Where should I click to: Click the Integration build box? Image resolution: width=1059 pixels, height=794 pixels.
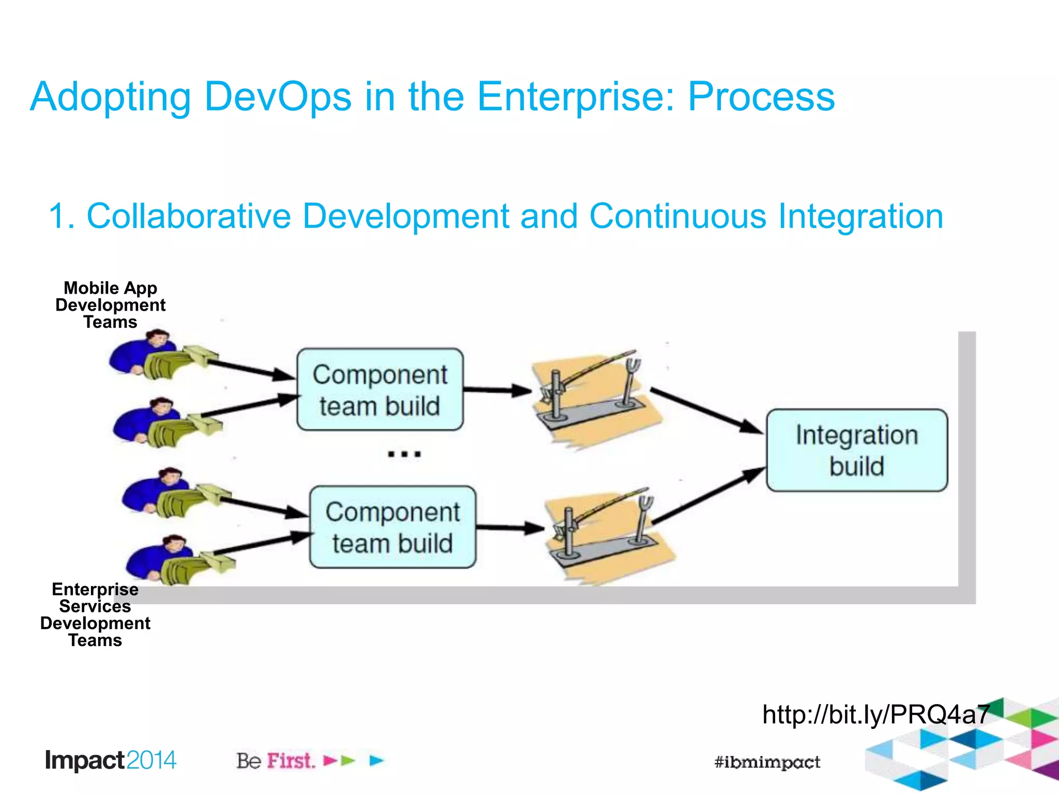coord(857,450)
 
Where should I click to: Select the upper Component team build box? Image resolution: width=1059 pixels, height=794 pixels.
coord(380,390)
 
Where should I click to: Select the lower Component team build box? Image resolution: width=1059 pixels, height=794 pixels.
coord(392,527)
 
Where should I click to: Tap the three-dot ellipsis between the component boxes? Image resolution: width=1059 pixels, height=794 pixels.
coord(404,454)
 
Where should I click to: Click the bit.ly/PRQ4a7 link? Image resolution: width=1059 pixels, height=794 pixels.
coord(876,714)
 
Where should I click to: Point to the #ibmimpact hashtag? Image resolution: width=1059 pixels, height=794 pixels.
coord(767,762)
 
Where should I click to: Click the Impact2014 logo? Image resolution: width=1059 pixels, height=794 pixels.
coord(111,760)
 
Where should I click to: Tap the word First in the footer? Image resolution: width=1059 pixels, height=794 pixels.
coord(291,761)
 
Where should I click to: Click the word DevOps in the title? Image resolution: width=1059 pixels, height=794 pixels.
coord(278,97)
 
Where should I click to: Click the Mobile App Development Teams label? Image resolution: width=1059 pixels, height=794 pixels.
coord(110,305)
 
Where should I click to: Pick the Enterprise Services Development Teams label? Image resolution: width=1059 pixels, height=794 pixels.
coord(95,615)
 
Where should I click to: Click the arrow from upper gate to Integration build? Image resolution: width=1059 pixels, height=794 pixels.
coord(706,410)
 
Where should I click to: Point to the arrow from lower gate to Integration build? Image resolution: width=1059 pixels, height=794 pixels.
coord(708,496)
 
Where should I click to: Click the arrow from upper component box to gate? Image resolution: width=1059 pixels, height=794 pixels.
coord(496,390)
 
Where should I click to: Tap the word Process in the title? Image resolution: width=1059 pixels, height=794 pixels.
coord(761,97)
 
